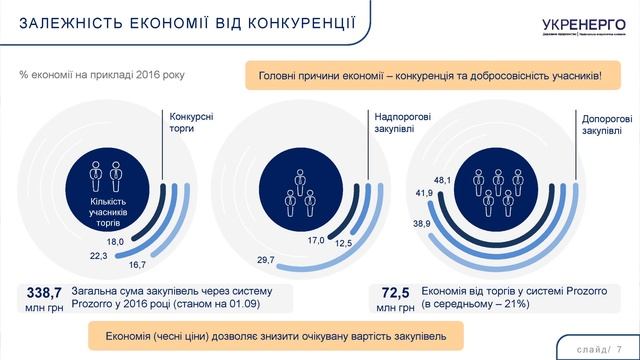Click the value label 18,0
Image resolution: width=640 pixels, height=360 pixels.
click(x=114, y=243)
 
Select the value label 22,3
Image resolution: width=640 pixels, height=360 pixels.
click(x=98, y=256)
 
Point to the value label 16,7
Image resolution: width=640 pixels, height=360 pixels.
click(x=137, y=264)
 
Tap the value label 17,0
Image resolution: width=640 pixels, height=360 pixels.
click(x=315, y=241)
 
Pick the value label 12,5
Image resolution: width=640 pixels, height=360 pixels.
click(x=344, y=244)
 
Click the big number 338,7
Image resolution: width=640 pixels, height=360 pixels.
click(x=44, y=292)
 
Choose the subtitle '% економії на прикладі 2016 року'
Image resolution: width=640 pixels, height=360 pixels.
click(x=103, y=75)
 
